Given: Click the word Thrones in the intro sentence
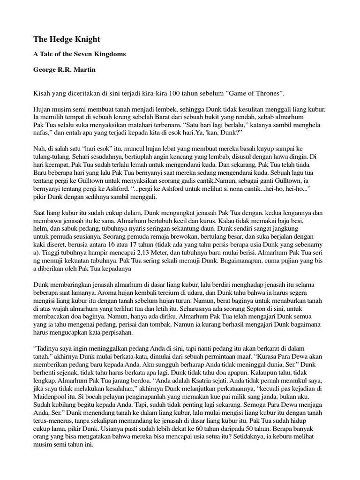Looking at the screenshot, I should point(267,93).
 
